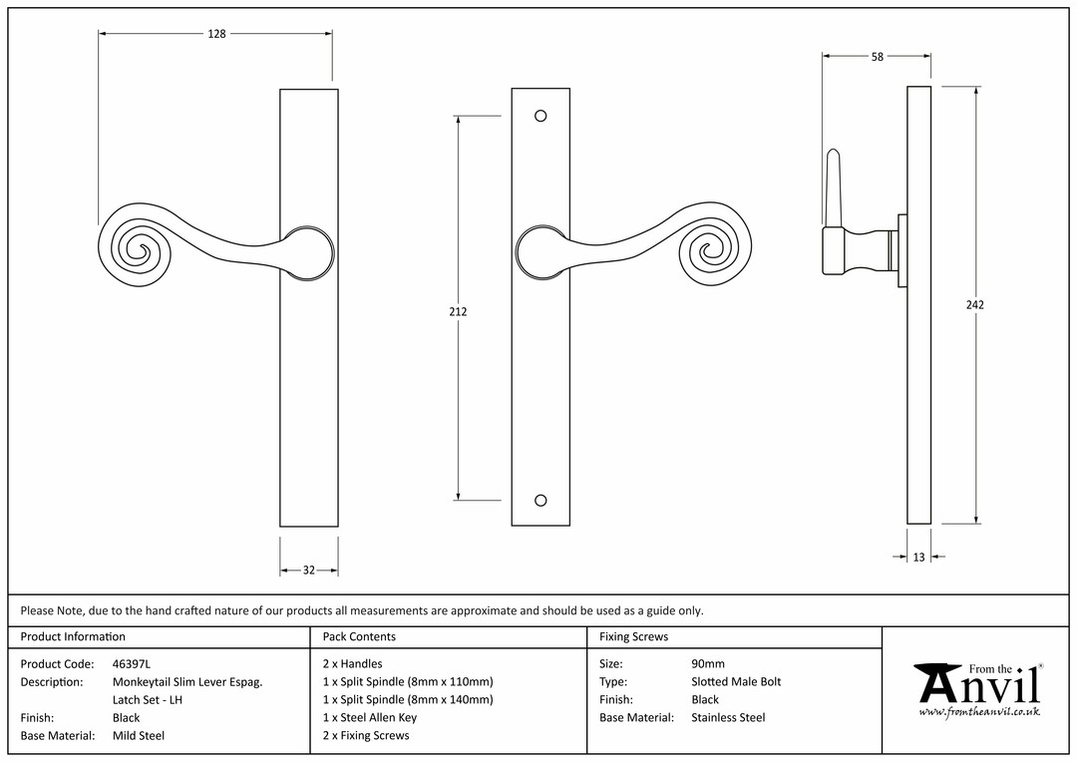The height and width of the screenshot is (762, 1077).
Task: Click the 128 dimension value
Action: pos(216,34)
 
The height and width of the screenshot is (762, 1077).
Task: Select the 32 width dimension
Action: pos(309,571)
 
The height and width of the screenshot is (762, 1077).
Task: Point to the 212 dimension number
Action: pos(458,312)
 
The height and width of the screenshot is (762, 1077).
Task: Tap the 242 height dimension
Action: pos(975,305)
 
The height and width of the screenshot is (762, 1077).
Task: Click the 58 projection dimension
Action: pos(878,57)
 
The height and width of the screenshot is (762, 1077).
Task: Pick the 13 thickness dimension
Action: pos(919,558)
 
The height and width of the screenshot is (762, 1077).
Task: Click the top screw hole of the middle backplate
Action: pos(540,116)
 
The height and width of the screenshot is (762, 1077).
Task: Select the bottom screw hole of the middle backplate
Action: pos(540,501)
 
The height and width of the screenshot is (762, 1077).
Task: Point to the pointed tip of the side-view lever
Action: pos(833,150)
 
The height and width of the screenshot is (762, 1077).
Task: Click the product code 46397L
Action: pos(132,664)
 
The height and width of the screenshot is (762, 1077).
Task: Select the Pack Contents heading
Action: pos(359,637)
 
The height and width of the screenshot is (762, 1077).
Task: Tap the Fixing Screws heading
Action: pos(633,637)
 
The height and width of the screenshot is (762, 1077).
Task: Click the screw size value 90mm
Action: pos(708,664)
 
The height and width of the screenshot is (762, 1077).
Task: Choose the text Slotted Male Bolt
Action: pos(736,682)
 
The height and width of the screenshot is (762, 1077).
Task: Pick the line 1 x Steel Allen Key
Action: pos(370,718)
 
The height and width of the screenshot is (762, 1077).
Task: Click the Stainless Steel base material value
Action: pos(728,718)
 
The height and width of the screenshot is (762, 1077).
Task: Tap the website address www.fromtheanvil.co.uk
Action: pos(979,712)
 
